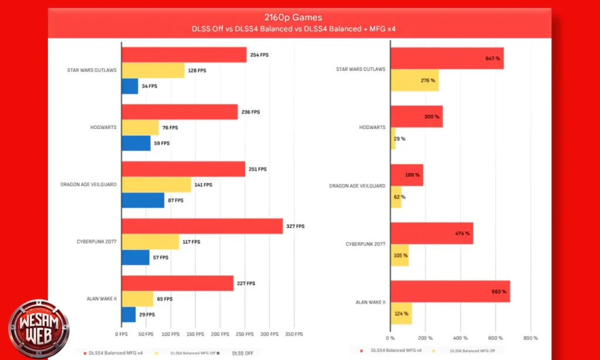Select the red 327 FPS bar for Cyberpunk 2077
(202, 226)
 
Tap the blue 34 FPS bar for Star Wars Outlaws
(129, 86)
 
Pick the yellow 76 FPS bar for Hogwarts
(140, 127)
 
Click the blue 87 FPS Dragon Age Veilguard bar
(143, 201)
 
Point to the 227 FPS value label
(246, 284)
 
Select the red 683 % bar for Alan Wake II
(450, 291)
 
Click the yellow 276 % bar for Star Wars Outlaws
(414, 80)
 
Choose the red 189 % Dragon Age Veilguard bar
(407, 175)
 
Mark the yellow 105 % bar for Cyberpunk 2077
(400, 256)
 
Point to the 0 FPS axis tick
(122, 334)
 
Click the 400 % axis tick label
(460, 338)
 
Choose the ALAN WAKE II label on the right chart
(370, 303)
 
